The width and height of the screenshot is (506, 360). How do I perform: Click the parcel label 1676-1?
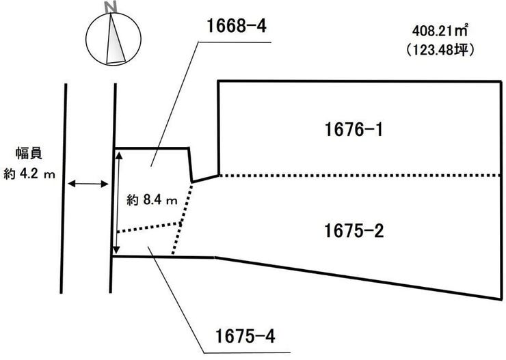[x=354, y=130]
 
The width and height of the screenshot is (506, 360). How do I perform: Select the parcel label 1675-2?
[x=354, y=231]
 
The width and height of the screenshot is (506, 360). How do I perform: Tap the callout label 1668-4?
[x=237, y=25]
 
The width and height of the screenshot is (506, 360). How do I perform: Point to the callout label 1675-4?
[x=245, y=336]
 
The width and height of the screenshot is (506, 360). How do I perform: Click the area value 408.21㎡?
[x=440, y=31]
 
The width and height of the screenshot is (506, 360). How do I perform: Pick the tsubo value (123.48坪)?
[x=440, y=50]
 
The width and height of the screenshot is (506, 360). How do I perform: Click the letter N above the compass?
[x=111, y=8]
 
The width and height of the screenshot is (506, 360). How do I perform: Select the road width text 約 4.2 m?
[x=29, y=174]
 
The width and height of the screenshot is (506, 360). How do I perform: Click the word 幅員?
[x=29, y=154]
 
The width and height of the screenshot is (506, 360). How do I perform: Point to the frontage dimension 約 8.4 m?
[x=152, y=200]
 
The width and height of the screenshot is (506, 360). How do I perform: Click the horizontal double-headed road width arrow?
[x=88, y=184]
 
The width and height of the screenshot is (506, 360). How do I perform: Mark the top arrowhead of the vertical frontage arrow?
[x=119, y=155]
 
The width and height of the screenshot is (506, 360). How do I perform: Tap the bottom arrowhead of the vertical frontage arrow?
[x=116, y=250]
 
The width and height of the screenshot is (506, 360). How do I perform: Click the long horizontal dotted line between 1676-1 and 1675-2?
[x=360, y=176]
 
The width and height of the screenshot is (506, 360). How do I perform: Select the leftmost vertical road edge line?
[x=64, y=189]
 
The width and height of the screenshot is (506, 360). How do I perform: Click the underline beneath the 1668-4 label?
[x=235, y=42]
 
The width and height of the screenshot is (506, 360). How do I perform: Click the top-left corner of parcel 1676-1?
[x=219, y=81]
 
